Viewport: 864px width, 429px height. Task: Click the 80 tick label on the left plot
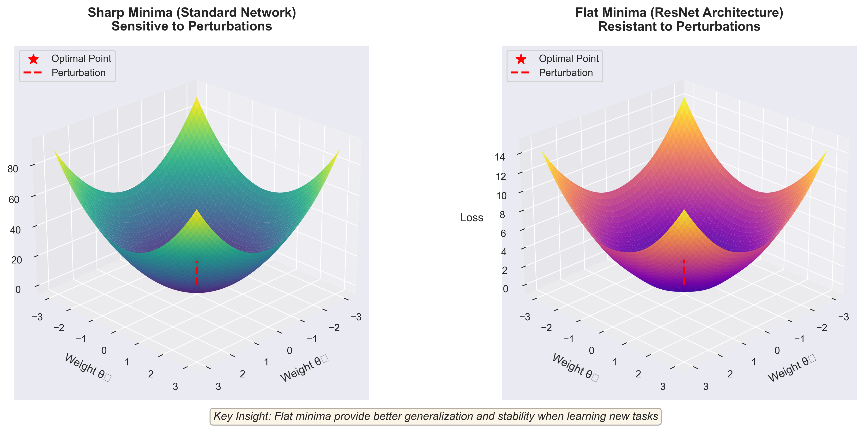(x=13, y=169)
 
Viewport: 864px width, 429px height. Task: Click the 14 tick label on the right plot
(x=500, y=157)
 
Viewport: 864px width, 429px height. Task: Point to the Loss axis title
(x=471, y=218)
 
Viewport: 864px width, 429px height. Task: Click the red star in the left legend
(x=33, y=59)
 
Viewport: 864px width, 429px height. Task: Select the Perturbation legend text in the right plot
(x=566, y=73)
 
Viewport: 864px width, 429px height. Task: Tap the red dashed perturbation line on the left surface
(x=197, y=273)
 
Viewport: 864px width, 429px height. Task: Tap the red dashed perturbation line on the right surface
(x=684, y=272)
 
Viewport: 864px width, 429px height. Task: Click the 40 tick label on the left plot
(x=15, y=230)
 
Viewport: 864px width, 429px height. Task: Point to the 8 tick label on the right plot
(x=502, y=214)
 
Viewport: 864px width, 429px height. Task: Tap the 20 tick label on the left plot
(x=16, y=260)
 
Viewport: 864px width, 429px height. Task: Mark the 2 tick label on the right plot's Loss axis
(x=504, y=270)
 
